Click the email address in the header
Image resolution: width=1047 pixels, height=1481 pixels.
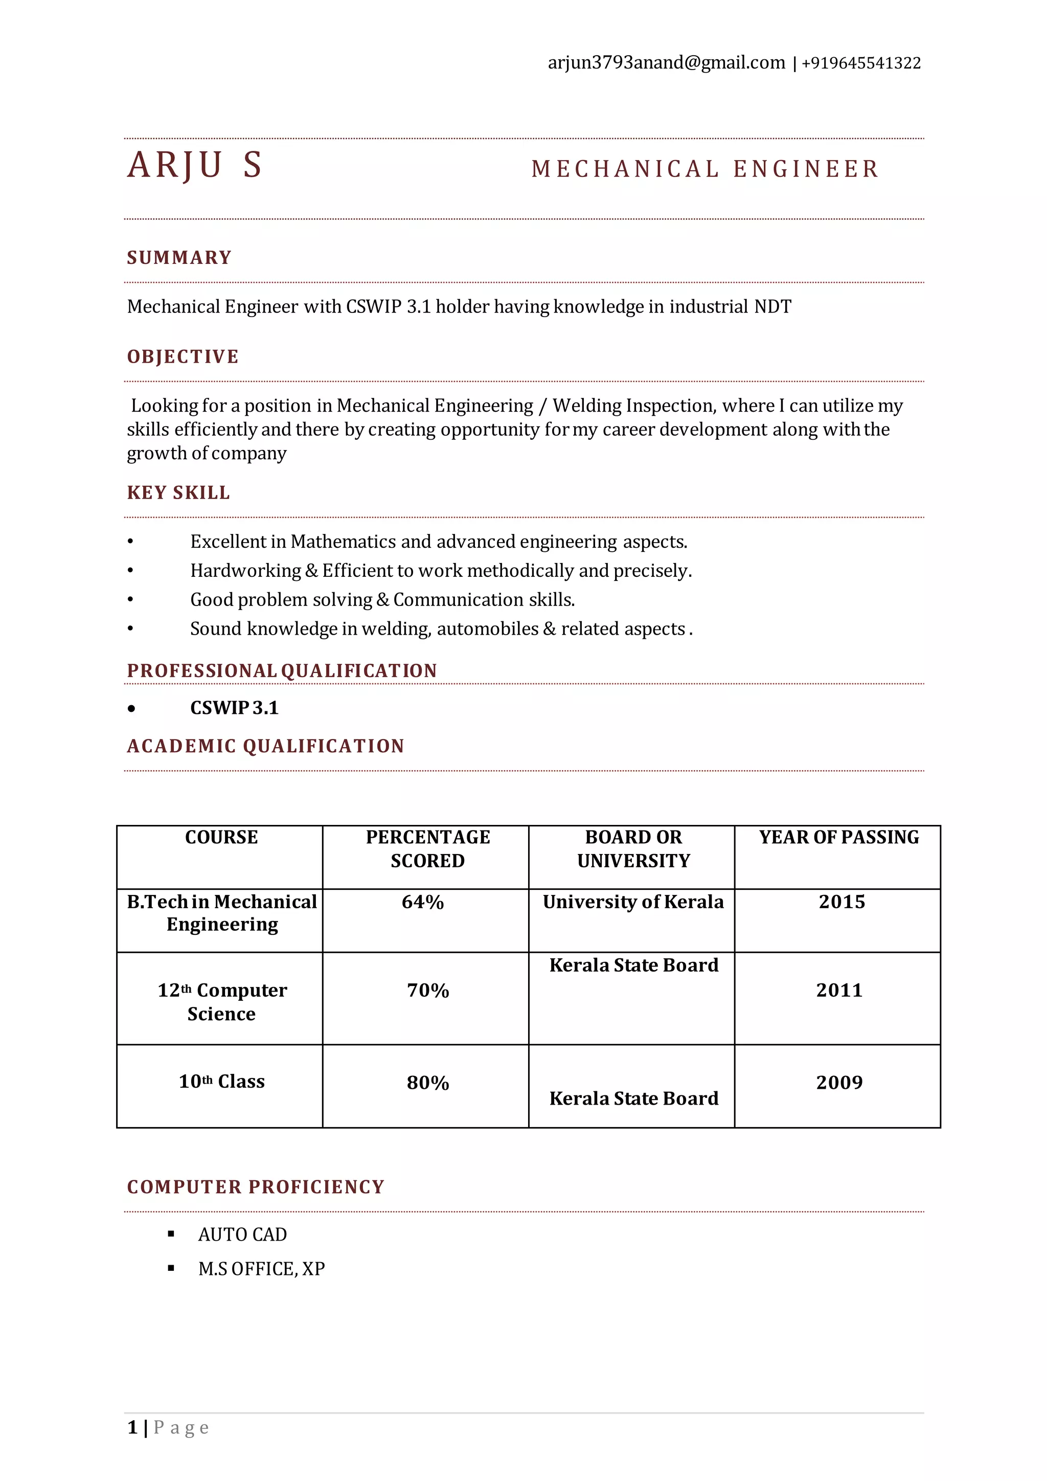666,63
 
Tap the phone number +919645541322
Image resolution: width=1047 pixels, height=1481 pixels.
861,63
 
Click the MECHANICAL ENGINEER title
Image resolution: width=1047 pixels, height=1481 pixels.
704,169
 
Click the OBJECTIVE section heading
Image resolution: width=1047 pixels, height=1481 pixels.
183,357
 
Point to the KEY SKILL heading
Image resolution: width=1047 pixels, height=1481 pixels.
178,493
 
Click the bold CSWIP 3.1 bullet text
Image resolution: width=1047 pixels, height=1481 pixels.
234,708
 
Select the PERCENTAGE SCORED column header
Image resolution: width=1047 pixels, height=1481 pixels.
427,849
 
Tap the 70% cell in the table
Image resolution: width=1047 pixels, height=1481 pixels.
427,991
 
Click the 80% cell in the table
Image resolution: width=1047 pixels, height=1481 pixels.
427,1083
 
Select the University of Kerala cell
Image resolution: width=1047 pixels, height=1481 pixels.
633,902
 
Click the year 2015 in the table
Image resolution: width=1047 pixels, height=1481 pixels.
841,902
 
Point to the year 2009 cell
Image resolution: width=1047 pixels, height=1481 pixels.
839,1083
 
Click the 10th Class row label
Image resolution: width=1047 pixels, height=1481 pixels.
221,1082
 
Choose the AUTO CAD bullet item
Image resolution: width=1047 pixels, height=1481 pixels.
242,1235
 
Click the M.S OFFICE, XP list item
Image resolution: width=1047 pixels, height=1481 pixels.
261,1269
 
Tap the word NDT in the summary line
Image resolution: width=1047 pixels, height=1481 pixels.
772,306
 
